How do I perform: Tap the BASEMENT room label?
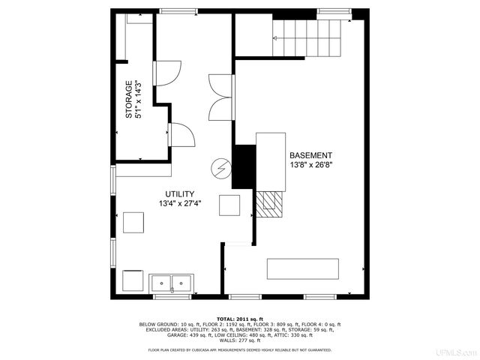pyautogui.click(x=310, y=155)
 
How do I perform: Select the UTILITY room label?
pyautogui.click(x=180, y=193)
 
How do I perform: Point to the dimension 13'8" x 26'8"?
pyautogui.click(x=310, y=166)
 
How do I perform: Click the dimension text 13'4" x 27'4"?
pyautogui.click(x=180, y=203)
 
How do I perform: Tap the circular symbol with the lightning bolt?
pyautogui.click(x=221, y=169)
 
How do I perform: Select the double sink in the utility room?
pyautogui.click(x=172, y=283)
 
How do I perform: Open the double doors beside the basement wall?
pyautogui.click(x=221, y=97)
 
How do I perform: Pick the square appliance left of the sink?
pyautogui.click(x=133, y=280)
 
